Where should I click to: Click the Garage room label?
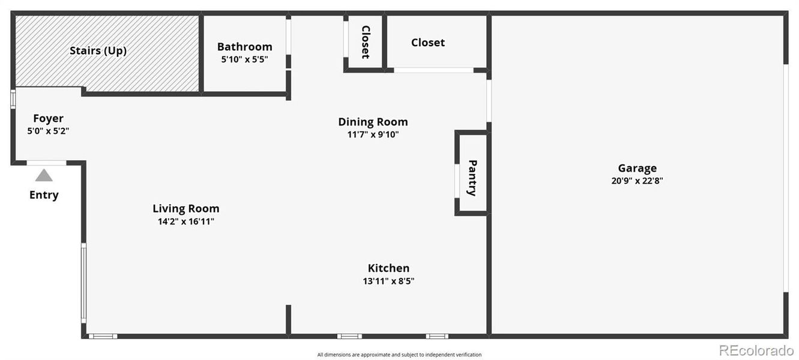pos(637,168)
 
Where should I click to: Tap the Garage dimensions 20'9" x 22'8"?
pos(637,181)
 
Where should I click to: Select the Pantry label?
pos(472,178)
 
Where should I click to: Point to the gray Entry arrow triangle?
pos(43,175)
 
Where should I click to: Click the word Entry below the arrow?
pos(44,195)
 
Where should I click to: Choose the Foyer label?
pos(48,118)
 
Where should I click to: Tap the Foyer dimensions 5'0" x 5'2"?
pos(48,131)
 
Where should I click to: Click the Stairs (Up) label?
pos(98,50)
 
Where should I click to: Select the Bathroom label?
pos(244,47)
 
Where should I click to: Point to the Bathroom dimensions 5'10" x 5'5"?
pos(244,59)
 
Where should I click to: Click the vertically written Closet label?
pos(365,41)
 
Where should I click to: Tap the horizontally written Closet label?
pos(428,43)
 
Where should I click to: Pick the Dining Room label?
pos(373,122)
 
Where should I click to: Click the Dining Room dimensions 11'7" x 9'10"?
pos(373,134)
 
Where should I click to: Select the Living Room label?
pos(185,209)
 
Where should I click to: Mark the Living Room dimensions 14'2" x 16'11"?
pos(185,221)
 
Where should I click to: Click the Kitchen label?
pos(388,268)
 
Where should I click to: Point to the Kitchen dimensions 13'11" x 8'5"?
pos(388,281)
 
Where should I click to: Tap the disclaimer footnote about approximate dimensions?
pos(399,355)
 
